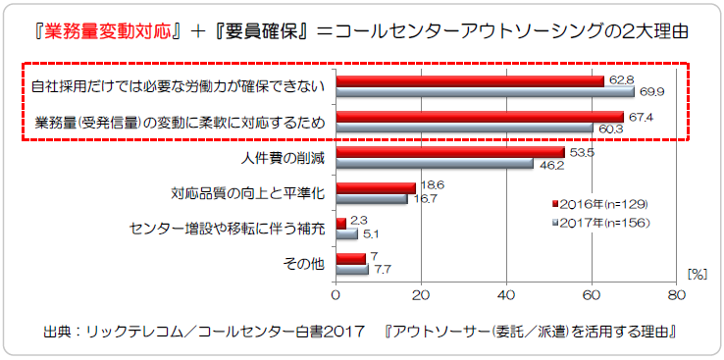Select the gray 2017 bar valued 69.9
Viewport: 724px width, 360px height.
pyautogui.click(x=485, y=92)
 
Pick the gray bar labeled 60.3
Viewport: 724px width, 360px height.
pyautogui.click(x=464, y=129)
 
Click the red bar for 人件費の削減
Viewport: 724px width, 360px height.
pyautogui.click(x=449, y=152)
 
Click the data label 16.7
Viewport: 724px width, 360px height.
pyautogui.click(x=426, y=198)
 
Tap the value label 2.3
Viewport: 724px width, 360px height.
pyautogui.click(x=358, y=221)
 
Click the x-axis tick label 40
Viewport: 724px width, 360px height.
pyautogui.click(x=506, y=293)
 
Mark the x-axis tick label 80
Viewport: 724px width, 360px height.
pyautogui.click(x=676, y=293)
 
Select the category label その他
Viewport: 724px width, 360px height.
pyautogui.click(x=305, y=264)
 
